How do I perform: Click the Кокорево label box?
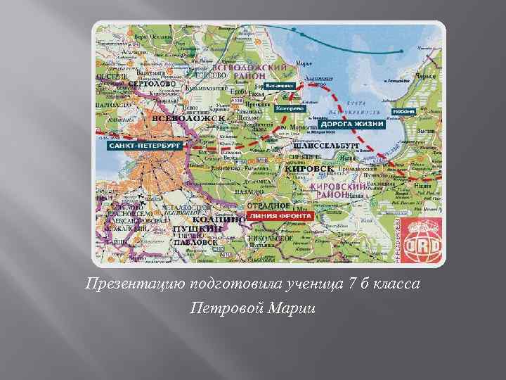click(x=290, y=109)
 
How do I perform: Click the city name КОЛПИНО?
click(x=199, y=219)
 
